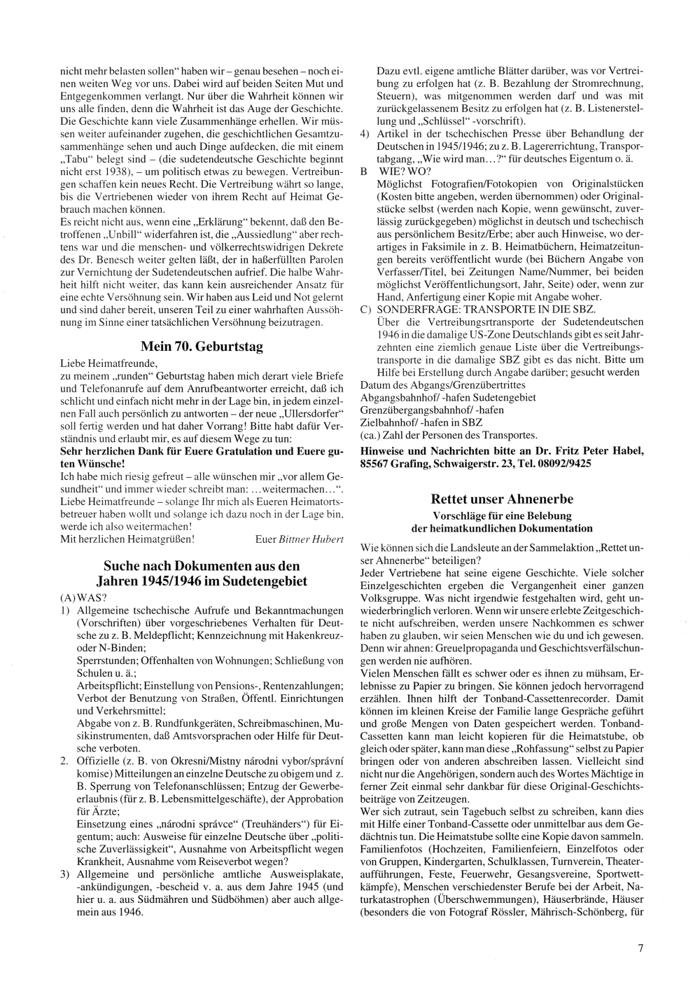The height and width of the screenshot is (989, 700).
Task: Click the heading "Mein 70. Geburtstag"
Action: (x=202, y=347)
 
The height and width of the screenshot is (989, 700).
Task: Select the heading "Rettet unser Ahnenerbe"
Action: (x=502, y=499)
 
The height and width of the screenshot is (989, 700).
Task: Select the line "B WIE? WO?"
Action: (x=395, y=172)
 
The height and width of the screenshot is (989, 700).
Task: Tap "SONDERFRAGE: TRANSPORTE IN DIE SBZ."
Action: (x=486, y=310)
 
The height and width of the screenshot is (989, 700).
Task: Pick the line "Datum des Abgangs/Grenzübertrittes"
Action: (x=442, y=385)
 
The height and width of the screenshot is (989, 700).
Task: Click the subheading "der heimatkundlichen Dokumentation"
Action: (x=502, y=528)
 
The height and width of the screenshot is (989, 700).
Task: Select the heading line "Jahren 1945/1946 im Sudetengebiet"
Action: (x=202, y=581)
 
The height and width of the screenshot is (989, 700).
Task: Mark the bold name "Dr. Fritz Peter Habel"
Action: (x=591, y=452)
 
